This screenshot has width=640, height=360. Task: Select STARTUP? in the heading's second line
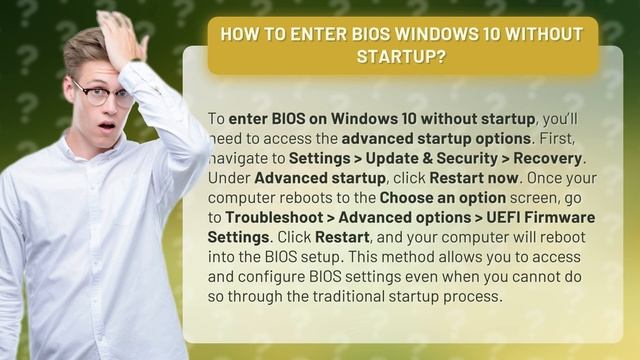(x=401, y=55)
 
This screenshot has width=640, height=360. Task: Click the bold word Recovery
(x=552, y=158)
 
